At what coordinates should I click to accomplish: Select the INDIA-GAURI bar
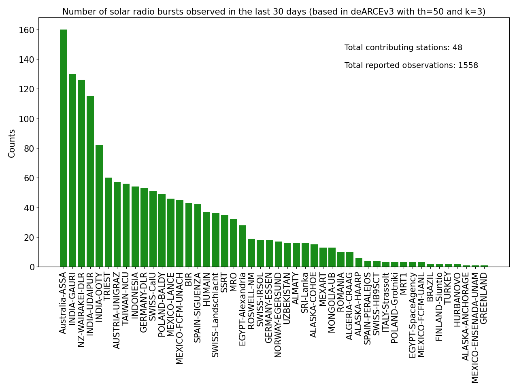click(x=72, y=170)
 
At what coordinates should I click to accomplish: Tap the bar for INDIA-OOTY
click(x=99, y=206)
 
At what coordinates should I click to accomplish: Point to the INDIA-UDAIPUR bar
click(x=90, y=182)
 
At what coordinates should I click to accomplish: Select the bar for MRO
click(x=234, y=243)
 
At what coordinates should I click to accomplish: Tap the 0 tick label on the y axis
click(x=31, y=267)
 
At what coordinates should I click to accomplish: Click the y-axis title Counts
click(x=12, y=143)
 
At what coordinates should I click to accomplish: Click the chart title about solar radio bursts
click(x=274, y=12)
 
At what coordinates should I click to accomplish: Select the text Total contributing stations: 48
click(x=403, y=48)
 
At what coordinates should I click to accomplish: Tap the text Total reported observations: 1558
click(x=411, y=66)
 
